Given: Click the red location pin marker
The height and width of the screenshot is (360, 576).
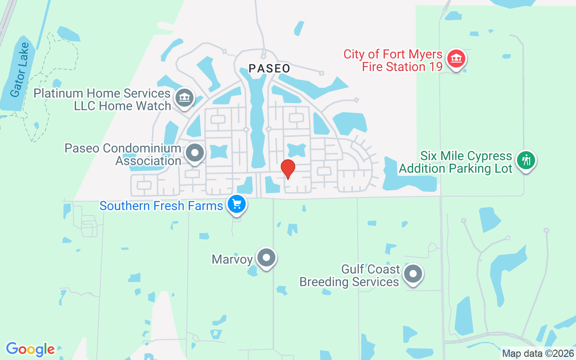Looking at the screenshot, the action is point(288,169).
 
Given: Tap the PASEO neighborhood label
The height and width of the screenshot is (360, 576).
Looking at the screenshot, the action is point(270,68).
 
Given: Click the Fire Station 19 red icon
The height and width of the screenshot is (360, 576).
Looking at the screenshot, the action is point(456,59).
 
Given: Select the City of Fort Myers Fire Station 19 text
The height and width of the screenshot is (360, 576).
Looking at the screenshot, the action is point(393,60).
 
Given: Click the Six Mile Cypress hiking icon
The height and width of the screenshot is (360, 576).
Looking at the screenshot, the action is point(525,160).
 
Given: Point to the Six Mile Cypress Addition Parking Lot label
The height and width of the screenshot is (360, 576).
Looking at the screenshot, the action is point(455,162).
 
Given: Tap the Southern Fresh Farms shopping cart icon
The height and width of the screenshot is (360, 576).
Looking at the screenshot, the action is point(236,205).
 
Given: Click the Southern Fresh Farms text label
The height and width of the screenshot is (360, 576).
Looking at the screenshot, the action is point(161,206).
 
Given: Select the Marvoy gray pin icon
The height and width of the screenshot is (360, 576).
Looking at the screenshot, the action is point(266,258).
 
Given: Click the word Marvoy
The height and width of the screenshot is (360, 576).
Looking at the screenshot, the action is point(232,259).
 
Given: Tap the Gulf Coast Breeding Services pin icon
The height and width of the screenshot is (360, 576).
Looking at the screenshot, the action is point(413,274).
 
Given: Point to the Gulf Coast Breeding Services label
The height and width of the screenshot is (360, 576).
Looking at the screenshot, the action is point(349,275).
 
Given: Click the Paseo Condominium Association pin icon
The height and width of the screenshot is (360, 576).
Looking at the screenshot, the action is point(195,153).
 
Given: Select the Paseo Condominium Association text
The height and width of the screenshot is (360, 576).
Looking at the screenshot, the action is point(123,154).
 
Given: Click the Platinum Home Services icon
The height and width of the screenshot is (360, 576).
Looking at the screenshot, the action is point(184,97).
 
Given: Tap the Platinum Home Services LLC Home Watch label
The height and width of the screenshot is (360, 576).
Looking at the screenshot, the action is point(103,99).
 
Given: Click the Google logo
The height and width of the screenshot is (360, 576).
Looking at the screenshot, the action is point(30,349).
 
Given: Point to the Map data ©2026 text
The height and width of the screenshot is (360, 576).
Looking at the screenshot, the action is point(538,353).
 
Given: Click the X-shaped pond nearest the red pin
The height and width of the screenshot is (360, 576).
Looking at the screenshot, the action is point(296,150).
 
